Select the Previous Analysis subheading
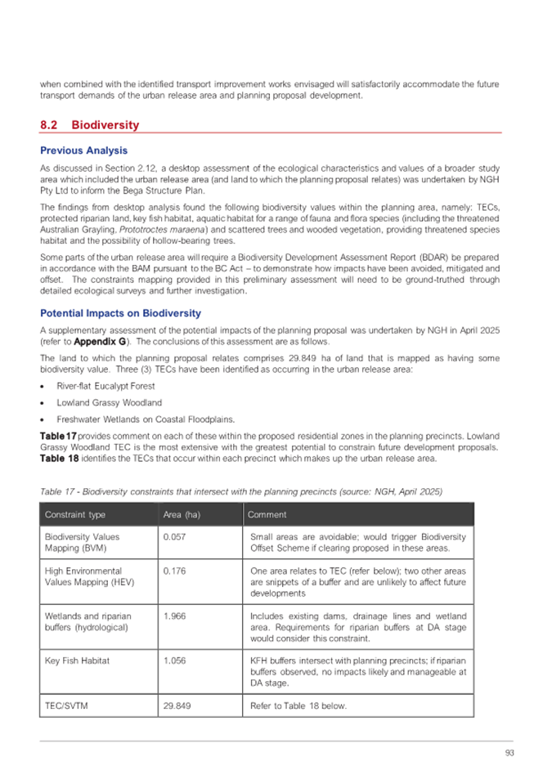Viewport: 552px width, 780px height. click(83, 150)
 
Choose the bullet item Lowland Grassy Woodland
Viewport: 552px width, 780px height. click(98, 402)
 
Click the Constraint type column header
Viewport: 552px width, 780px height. click(75, 514)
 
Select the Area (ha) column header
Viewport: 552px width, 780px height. click(182, 514)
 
